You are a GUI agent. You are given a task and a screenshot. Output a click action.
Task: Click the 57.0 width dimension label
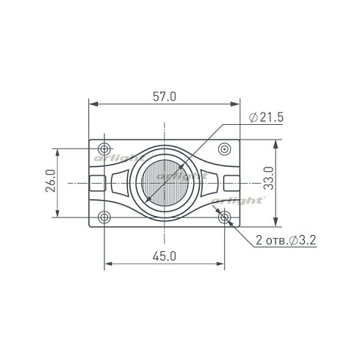[x=165, y=96]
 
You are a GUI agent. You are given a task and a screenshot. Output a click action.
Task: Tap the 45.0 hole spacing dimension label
[x=165, y=256]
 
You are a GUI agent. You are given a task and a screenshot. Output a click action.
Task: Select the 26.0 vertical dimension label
[x=51, y=181]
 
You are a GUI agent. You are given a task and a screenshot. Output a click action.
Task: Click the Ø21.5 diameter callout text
[x=266, y=118]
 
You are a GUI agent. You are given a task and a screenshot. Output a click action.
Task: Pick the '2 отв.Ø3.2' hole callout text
[x=286, y=240]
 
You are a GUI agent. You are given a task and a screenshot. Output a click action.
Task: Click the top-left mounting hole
[x=104, y=148]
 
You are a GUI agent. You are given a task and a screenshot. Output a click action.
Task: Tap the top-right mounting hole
[x=225, y=148]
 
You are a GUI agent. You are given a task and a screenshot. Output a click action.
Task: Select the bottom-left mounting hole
[x=104, y=217]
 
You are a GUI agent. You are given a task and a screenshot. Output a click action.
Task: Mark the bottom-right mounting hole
[x=225, y=217]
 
